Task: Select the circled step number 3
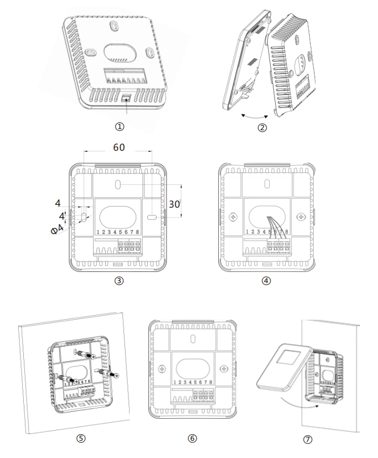click(118, 280)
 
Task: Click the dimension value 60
click(118, 147)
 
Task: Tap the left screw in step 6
click(162, 368)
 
